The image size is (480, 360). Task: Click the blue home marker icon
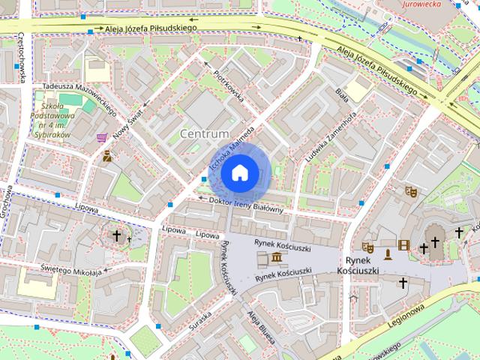click(x=239, y=173)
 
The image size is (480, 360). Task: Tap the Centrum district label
click(x=205, y=133)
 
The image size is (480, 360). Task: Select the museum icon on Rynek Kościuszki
click(x=277, y=259)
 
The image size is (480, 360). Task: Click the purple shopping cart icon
click(x=102, y=139)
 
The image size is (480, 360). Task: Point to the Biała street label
click(x=343, y=97)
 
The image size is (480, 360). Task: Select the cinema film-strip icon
click(x=405, y=245)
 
